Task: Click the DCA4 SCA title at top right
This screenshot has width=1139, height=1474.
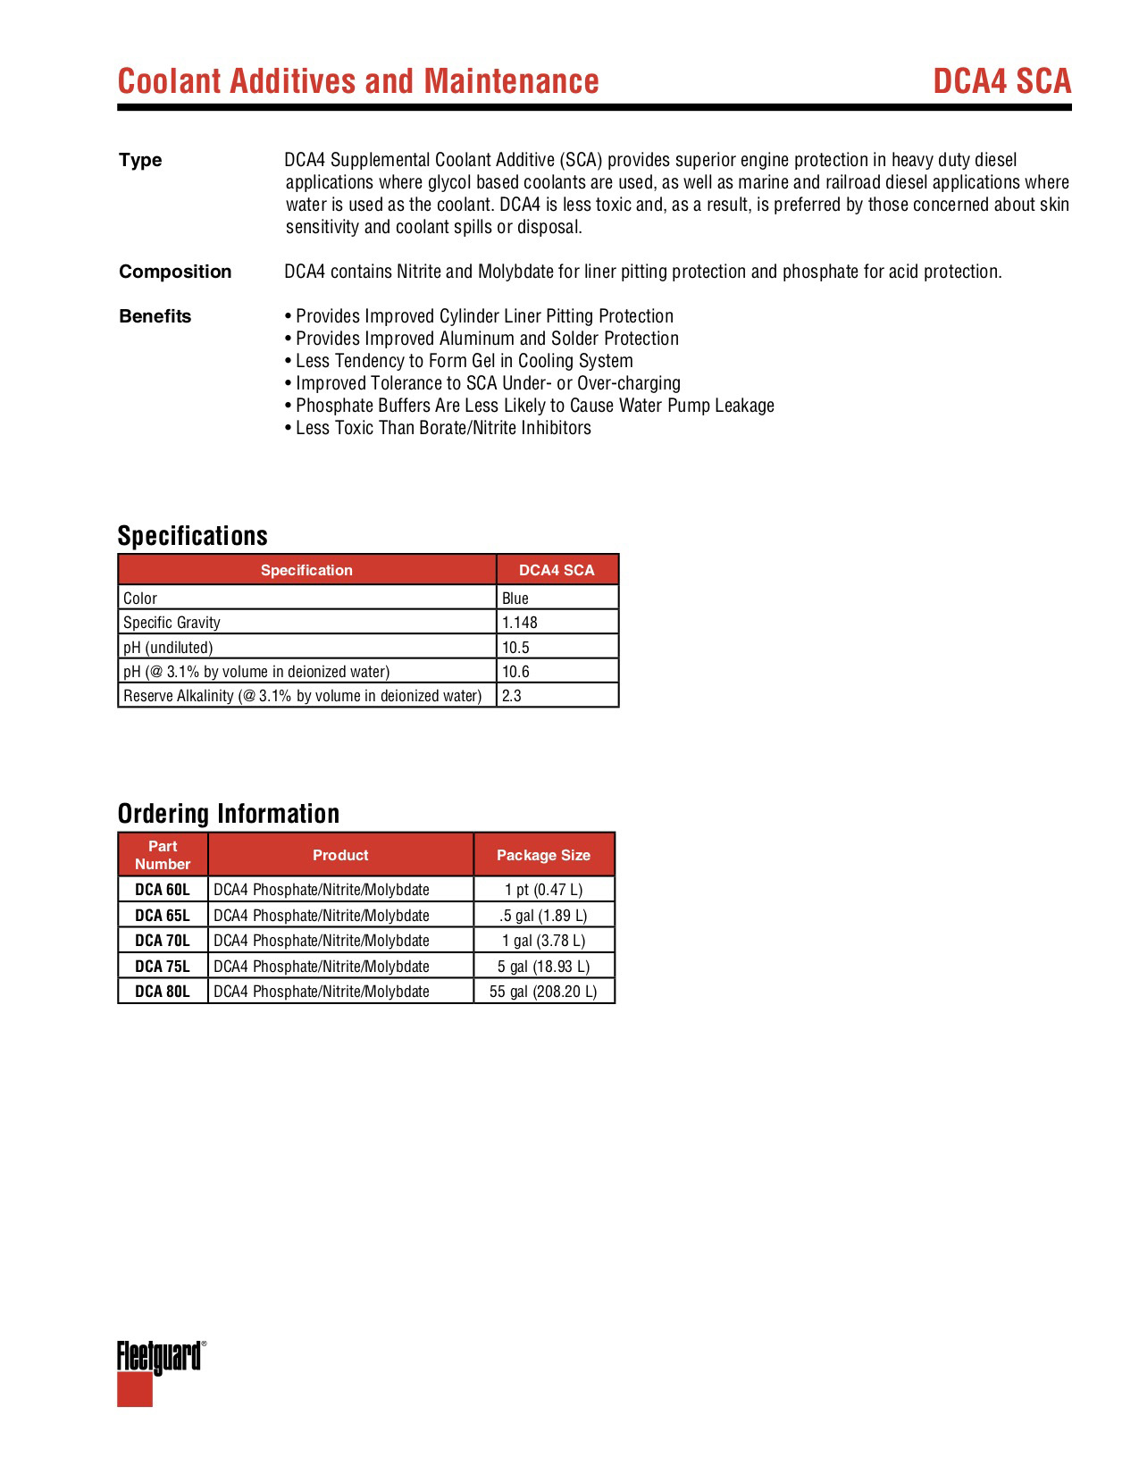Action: click(x=1001, y=81)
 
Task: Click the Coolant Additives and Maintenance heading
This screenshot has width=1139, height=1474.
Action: click(x=358, y=81)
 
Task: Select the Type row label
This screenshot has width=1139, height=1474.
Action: click(x=140, y=160)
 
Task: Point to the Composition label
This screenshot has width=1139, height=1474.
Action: click(x=175, y=272)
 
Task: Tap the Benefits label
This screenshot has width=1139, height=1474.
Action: click(x=155, y=316)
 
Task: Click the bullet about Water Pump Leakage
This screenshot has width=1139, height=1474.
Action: click(x=530, y=406)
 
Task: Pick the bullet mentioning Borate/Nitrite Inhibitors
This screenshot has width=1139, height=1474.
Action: click(x=438, y=428)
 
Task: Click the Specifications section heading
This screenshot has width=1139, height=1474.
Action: click(x=192, y=536)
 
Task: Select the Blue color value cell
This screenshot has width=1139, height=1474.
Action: click(x=515, y=598)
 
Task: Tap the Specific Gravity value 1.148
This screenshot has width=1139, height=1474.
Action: click(x=520, y=623)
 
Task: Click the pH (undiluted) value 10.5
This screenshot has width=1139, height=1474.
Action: click(x=515, y=647)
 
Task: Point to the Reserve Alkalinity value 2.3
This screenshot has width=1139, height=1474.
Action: click(x=512, y=696)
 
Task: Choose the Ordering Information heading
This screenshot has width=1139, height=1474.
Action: click(x=229, y=814)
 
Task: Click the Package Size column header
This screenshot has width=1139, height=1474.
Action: click(x=543, y=855)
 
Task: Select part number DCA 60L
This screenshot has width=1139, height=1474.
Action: click(x=163, y=890)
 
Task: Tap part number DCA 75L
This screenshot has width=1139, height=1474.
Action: click(x=163, y=967)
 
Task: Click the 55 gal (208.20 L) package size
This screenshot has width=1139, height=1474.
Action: click(x=543, y=992)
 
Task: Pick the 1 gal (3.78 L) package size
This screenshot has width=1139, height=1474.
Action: click(x=543, y=941)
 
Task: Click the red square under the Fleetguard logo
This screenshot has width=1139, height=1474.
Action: click(x=135, y=1389)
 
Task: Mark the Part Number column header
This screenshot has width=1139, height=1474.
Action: click(x=163, y=855)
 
